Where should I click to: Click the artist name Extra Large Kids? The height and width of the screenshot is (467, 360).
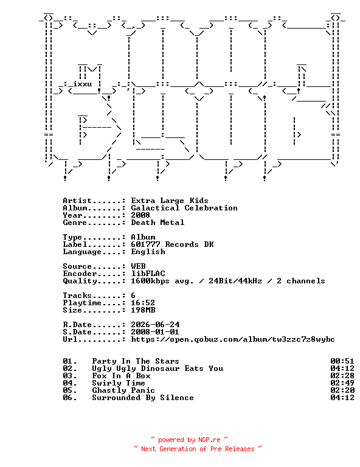pos(170,201)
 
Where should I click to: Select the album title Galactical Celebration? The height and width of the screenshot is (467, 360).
pos(184,208)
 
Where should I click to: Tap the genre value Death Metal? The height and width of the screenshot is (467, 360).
pos(157,223)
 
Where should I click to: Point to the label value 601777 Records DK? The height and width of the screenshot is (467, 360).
pos(172,244)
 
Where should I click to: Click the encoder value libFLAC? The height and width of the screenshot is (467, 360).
pos(148,274)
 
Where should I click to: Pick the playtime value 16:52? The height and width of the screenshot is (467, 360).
pos(143,303)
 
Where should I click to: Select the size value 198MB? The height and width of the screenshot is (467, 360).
pos(143,310)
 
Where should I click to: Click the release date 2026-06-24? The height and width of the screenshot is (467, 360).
pos(155,325)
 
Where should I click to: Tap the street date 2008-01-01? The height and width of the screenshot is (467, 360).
pos(155,332)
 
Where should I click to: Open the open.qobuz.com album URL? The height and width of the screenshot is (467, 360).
pos(233,339)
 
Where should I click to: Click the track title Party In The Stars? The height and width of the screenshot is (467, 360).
pos(136,361)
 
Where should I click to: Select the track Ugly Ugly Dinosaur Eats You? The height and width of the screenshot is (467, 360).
pos(157,368)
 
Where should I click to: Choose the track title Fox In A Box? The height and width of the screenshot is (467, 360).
pos(121,376)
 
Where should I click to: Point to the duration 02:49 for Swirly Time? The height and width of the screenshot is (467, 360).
pos(342,383)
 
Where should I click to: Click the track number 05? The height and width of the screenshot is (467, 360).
pos(70,390)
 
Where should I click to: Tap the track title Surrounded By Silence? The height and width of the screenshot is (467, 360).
pos(143,398)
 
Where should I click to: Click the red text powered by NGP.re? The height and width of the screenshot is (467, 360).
pos(189,440)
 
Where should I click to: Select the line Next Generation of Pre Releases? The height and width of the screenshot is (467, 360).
pos(198,449)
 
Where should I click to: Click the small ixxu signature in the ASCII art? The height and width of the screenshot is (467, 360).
pos(83,84)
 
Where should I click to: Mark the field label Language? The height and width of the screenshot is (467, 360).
pos(82,252)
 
